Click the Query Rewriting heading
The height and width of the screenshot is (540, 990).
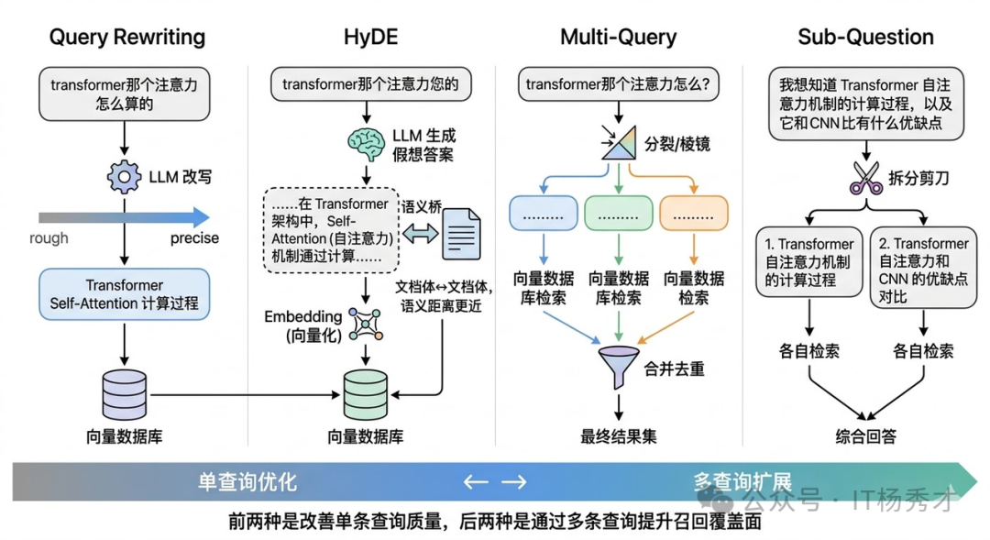tap(126, 38)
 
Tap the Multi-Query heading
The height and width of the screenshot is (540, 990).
tap(618, 38)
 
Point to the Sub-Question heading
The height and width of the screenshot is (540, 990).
tap(865, 38)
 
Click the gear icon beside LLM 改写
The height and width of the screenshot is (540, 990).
tap(124, 176)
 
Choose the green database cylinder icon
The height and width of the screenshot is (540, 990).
tap(366, 394)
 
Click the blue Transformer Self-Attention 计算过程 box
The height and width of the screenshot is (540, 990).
tap(124, 293)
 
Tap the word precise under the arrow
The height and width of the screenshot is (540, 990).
tap(194, 238)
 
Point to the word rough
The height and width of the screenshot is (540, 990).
tap(49, 238)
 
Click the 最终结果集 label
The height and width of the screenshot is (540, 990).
tap(619, 435)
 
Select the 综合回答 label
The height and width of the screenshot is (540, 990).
tap(865, 436)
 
